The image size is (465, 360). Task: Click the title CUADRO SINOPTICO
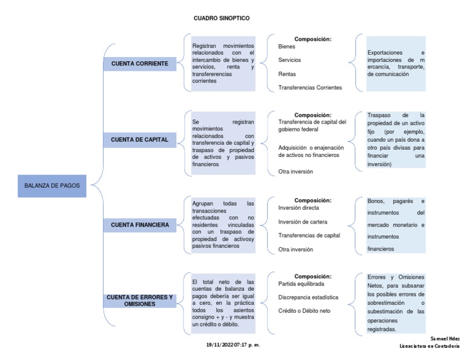221,18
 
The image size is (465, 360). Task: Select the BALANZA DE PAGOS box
52,186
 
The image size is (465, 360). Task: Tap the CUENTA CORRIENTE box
139,63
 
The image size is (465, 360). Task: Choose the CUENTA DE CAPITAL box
139,139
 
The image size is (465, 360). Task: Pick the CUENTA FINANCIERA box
139,225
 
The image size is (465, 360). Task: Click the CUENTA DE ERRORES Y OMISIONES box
139,301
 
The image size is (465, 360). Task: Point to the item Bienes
287,46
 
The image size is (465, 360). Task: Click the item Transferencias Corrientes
310,87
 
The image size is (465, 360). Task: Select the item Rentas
287,73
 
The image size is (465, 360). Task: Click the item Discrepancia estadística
308,297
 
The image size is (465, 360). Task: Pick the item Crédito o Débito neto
305,311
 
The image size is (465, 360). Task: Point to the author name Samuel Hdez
445,338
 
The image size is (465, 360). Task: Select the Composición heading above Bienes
312,39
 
